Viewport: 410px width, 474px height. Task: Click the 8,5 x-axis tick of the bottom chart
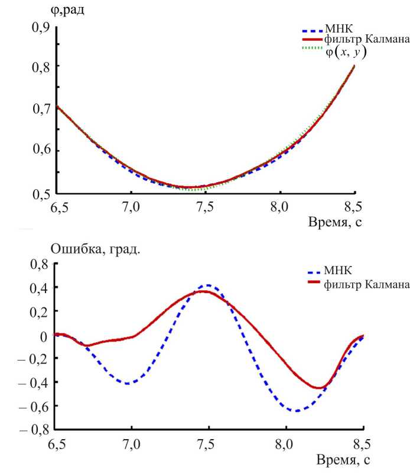point(354,444)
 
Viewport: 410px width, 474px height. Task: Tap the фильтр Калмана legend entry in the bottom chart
point(366,285)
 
